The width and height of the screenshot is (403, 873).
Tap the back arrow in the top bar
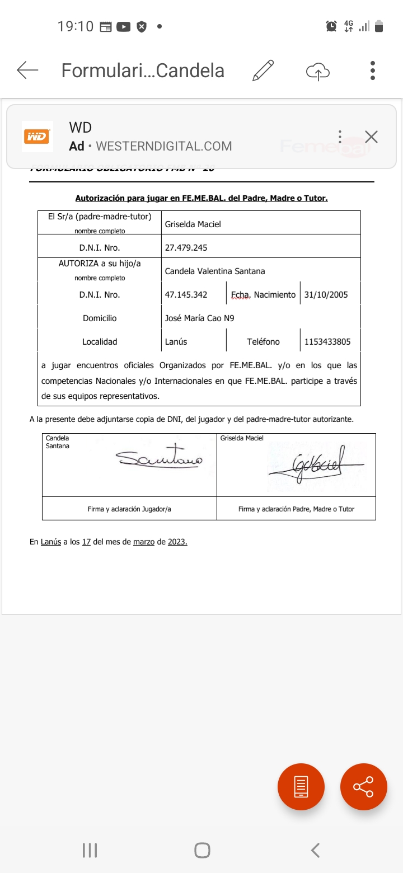click(27, 71)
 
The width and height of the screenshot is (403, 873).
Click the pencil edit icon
click(263, 71)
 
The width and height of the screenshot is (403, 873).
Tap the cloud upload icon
click(318, 71)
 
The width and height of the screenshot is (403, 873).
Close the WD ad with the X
click(371, 137)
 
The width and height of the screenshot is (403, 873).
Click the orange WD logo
click(37, 137)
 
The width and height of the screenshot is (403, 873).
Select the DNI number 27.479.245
click(186, 247)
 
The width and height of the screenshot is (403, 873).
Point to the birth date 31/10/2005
click(326, 294)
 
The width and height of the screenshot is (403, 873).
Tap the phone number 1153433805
click(327, 341)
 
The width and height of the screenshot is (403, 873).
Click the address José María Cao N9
click(199, 318)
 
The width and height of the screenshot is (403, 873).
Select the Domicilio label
click(100, 318)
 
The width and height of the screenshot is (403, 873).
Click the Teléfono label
click(263, 341)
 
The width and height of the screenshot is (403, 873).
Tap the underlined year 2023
click(177, 542)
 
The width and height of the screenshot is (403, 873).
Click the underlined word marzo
click(144, 542)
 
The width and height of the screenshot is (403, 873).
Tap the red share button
click(364, 787)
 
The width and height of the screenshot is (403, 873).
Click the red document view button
click(301, 787)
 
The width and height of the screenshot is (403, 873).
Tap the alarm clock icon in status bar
click(331, 26)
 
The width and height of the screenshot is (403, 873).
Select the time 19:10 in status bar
click(75, 26)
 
